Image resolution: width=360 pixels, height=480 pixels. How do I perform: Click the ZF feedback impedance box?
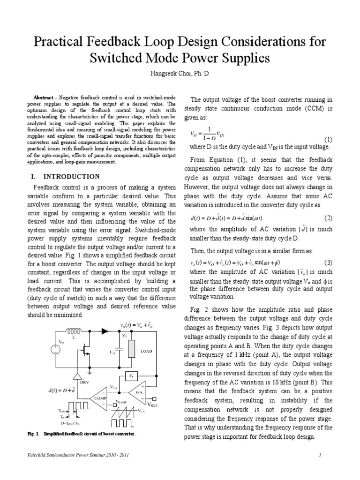pyautogui.click(x=131, y=376)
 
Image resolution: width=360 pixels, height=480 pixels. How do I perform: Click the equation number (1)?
pyautogui.click(x=328, y=140)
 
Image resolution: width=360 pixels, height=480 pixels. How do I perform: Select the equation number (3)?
pyautogui.click(x=328, y=262)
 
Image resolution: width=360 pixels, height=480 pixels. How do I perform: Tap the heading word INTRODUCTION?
pyautogui.click(x=72, y=177)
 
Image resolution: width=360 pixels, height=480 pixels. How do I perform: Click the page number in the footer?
pyautogui.click(x=332, y=455)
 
